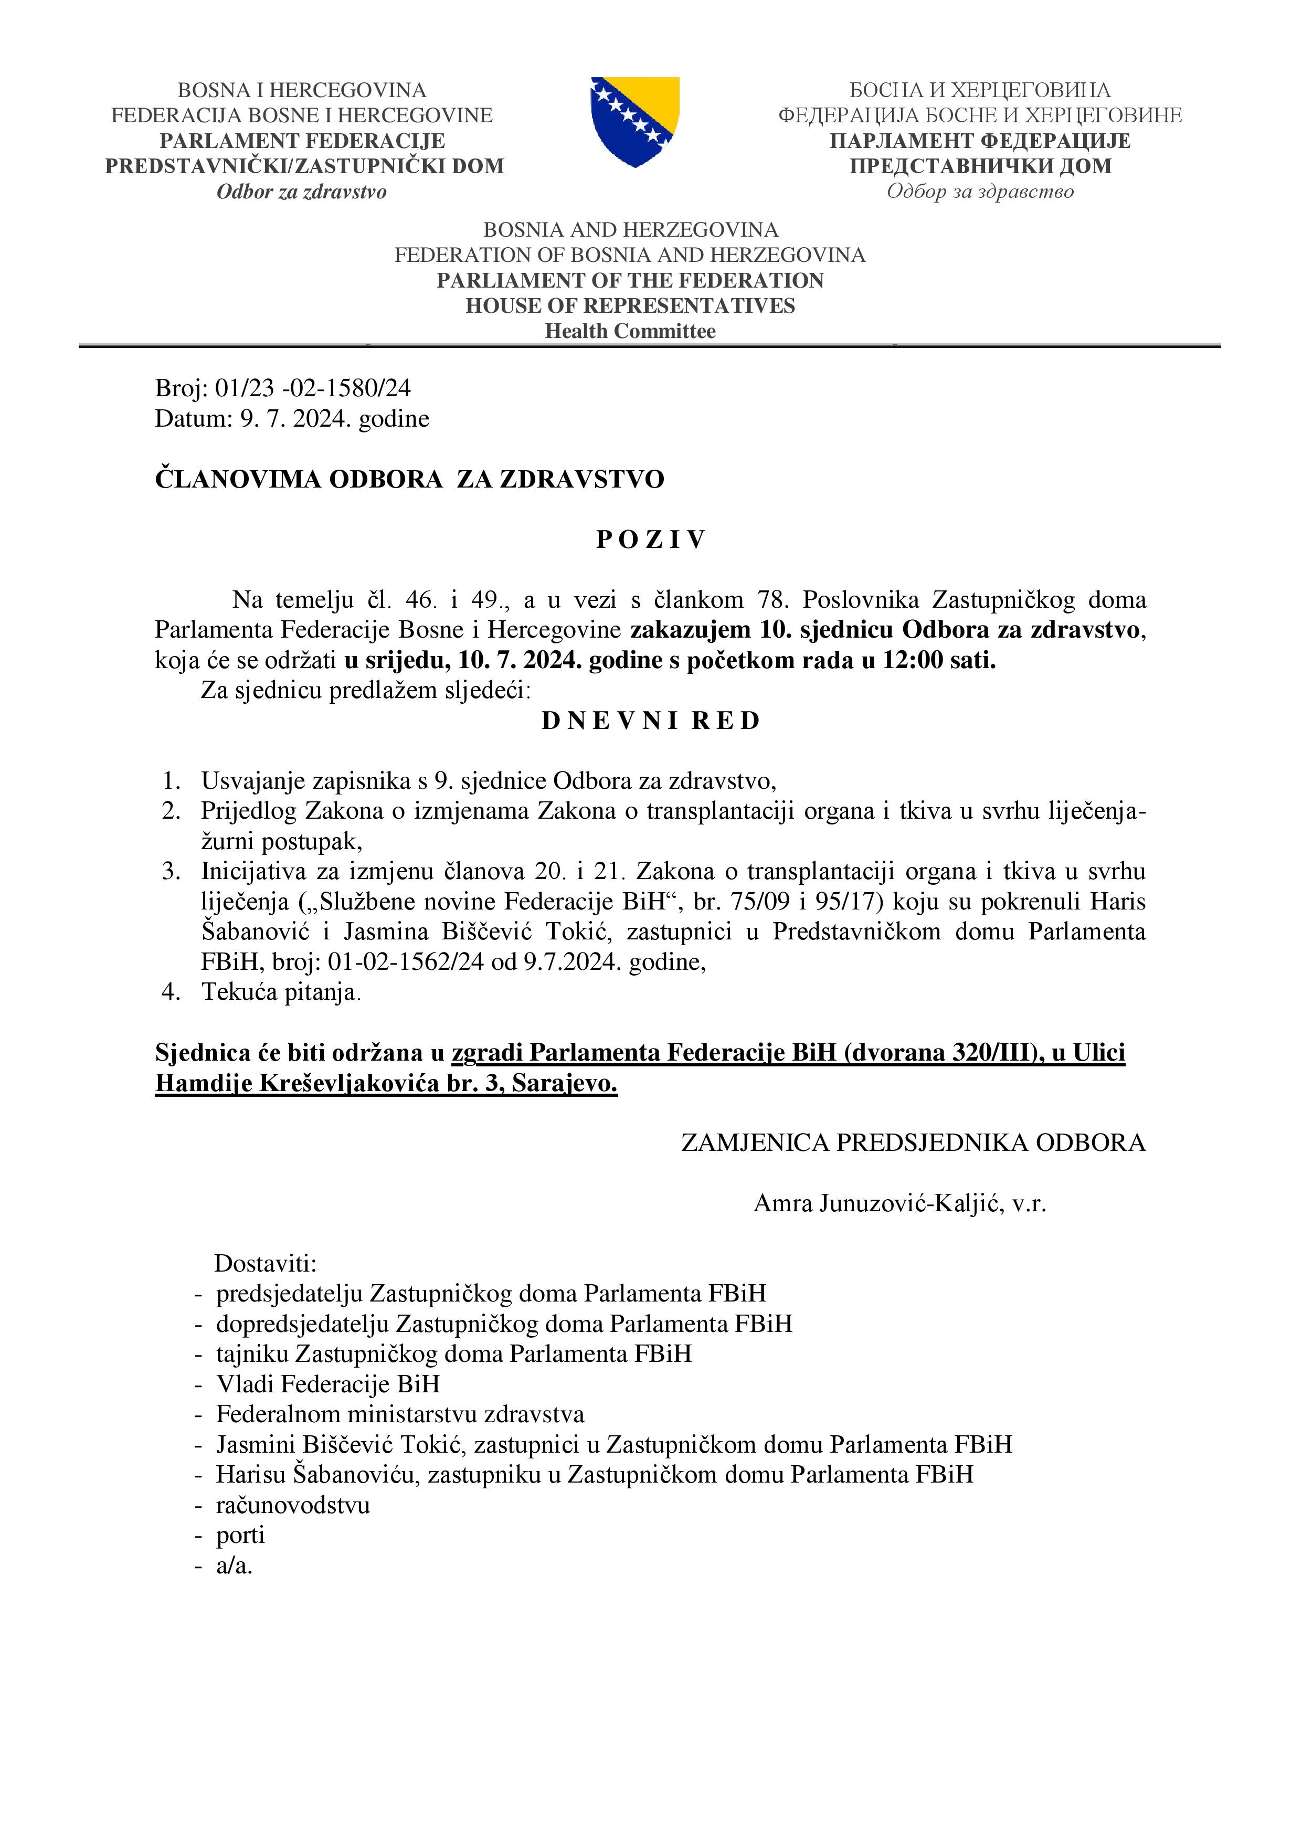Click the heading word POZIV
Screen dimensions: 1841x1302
point(650,539)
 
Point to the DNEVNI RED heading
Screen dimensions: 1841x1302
point(650,721)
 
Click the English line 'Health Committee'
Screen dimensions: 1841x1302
point(630,331)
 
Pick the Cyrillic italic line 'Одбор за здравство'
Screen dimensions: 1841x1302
point(980,192)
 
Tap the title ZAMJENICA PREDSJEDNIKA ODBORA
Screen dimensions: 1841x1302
point(913,1142)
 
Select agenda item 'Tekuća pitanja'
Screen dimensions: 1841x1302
point(281,993)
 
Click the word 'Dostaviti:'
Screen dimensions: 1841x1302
point(266,1264)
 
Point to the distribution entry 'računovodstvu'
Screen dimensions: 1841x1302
point(293,1505)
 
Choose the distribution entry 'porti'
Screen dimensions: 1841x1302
point(240,1535)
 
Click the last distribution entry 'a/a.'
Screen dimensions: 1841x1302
point(234,1565)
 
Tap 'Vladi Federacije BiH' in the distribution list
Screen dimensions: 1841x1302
point(328,1384)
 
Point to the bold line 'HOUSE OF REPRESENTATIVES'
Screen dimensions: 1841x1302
point(630,305)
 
